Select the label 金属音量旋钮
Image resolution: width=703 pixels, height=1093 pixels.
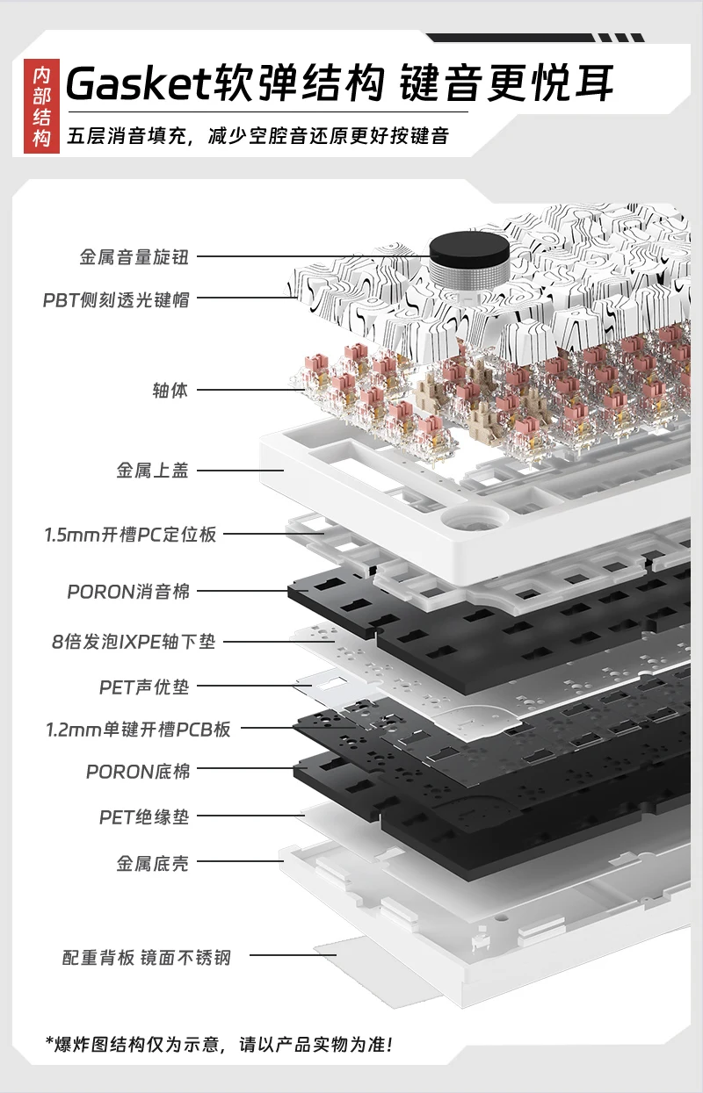134,257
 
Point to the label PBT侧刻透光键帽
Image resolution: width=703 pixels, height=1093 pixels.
116,299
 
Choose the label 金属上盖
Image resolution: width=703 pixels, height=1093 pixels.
153,471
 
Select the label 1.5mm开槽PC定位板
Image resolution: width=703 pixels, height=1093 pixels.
130,535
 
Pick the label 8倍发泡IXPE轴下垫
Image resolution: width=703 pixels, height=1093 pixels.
133,642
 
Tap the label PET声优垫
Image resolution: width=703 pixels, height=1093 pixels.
144,687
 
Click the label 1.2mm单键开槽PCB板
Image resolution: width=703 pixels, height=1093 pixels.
138,729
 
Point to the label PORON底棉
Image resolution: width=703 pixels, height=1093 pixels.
138,772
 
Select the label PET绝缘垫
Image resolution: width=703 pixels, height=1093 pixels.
144,817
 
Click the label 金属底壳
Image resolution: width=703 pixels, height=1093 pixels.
153,863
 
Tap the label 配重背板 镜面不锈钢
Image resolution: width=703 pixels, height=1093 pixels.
147,957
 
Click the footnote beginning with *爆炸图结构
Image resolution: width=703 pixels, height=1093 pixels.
219,1045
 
